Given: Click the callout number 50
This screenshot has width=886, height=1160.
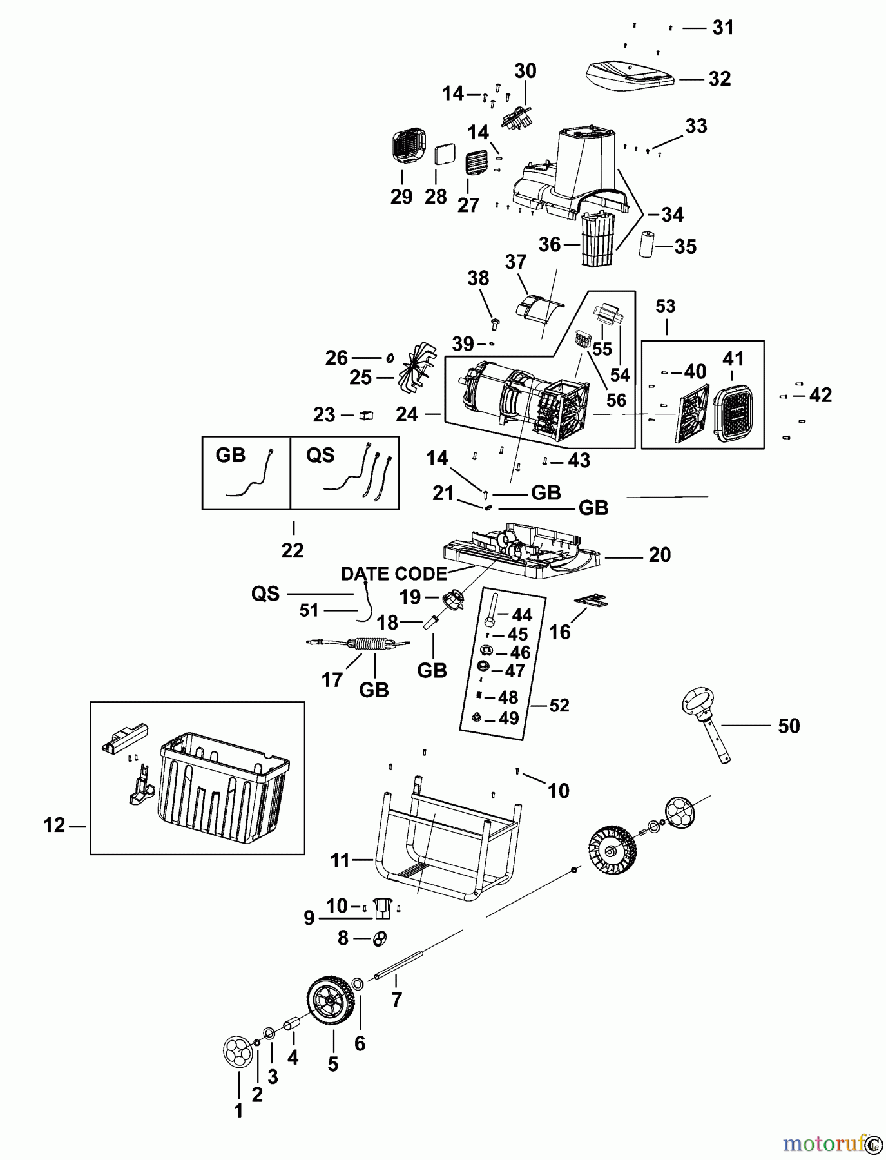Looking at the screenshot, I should (789, 726).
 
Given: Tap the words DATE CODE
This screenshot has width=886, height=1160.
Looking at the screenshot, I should (393, 574).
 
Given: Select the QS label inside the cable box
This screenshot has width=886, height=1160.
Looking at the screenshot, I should (320, 456).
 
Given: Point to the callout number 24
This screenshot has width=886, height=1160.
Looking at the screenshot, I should (407, 414).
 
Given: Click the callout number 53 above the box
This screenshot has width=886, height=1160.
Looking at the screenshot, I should (666, 306).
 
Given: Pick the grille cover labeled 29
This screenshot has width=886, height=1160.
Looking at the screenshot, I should (409, 146).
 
